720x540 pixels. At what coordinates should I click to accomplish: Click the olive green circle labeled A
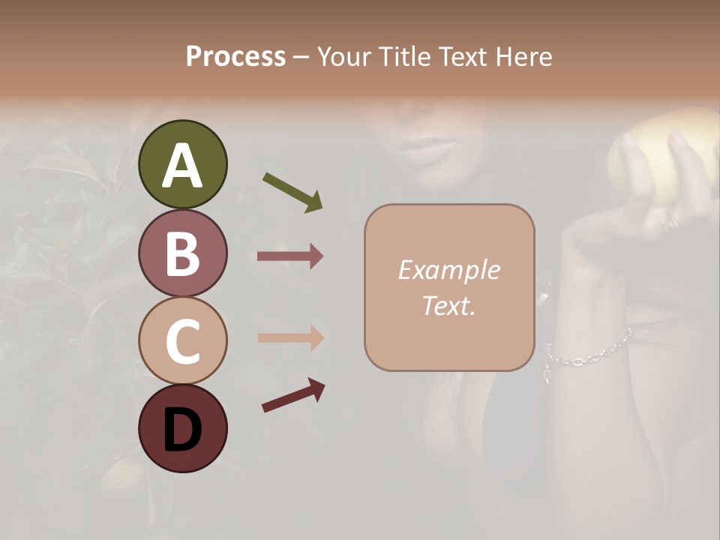pos(182,164)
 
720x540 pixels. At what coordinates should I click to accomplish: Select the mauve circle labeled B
pos(182,253)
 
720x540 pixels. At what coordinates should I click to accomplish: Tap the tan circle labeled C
pos(182,340)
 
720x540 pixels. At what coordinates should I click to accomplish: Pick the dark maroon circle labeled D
pos(182,428)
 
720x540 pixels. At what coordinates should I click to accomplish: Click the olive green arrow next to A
pos(292,192)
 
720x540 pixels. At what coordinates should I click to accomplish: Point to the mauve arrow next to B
pos(290,256)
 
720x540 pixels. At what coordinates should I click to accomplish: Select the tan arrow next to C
pos(290,337)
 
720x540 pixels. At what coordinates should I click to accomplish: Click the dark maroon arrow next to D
pos(293,394)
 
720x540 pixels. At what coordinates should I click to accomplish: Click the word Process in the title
pos(235,56)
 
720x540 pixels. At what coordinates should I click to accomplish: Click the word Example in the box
pos(448,270)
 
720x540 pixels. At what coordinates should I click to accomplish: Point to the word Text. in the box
pos(448,305)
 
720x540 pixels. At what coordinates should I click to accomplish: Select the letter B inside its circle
pos(182,253)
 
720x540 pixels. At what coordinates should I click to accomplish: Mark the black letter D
pos(182,430)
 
